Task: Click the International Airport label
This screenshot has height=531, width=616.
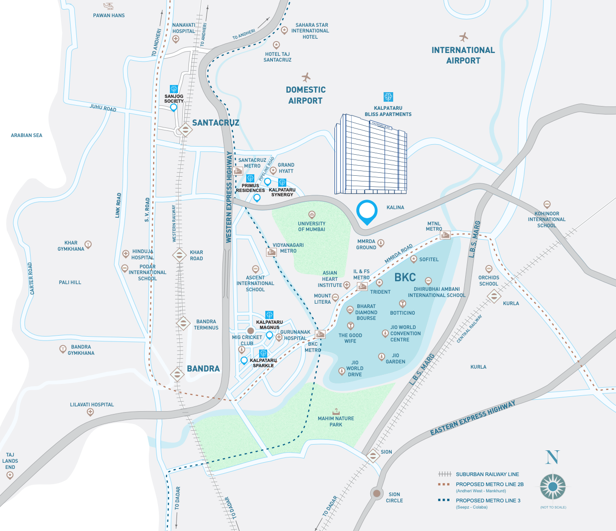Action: pyautogui.click(x=463, y=55)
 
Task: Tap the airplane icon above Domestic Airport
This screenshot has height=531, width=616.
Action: pyautogui.click(x=306, y=77)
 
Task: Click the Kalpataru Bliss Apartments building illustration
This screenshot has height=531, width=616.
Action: pyautogui.click(x=370, y=154)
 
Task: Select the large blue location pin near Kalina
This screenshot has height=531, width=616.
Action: pyautogui.click(x=367, y=212)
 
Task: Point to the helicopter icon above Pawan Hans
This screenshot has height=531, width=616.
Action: pyautogui.click(x=109, y=6)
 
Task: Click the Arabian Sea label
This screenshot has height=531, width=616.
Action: pyautogui.click(x=27, y=136)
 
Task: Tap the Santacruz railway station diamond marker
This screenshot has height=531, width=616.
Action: pyautogui.click(x=185, y=130)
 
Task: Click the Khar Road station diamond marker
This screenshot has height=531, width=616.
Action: pyautogui.click(x=179, y=255)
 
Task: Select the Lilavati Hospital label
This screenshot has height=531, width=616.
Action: pyautogui.click(x=92, y=404)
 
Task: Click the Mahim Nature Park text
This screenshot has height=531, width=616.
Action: pyautogui.click(x=336, y=421)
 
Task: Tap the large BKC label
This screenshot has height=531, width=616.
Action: pyautogui.click(x=405, y=277)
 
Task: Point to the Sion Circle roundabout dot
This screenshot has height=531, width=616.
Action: pyautogui.click(x=377, y=493)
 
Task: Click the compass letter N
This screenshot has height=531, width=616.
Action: pyautogui.click(x=553, y=457)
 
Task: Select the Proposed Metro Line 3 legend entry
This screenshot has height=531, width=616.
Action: pyautogui.click(x=488, y=500)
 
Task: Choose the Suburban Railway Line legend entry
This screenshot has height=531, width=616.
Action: pyautogui.click(x=487, y=474)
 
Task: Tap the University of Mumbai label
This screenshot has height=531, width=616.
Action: pyautogui.click(x=312, y=226)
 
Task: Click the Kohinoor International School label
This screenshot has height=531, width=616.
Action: pyautogui.click(x=547, y=220)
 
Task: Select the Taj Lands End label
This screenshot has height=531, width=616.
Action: pyautogui.click(x=10, y=461)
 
